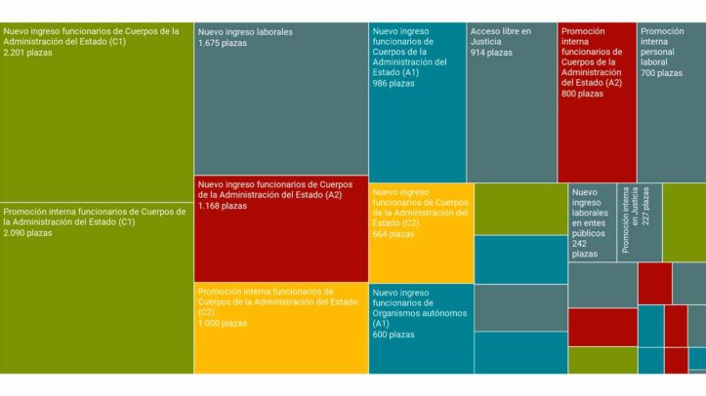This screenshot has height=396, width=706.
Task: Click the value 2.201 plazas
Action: pos(27,53)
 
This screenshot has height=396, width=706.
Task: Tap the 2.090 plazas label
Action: pos(27,233)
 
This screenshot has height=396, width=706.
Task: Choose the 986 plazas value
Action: pos(394,84)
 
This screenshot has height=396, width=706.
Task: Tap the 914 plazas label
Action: pos(491,53)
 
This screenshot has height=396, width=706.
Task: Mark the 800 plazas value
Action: pos(582,95)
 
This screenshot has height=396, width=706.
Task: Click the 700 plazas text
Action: pos(661,73)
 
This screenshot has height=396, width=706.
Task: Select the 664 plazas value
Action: pos(394,234)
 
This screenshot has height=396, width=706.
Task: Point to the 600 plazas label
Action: pos(394,335)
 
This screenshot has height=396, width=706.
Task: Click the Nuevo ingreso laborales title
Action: pos(244,32)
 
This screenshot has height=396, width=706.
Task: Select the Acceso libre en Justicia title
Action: pos(500,36)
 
